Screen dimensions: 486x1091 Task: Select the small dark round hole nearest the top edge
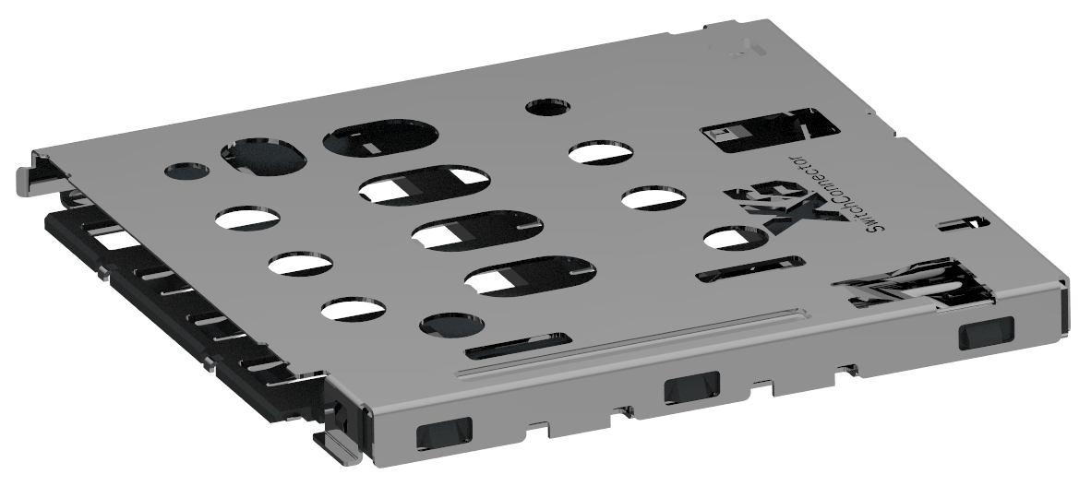click(547, 108)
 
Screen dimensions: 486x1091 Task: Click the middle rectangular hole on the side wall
click(691, 388)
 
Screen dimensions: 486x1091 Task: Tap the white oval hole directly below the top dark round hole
click(601, 151)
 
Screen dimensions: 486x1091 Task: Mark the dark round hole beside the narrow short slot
click(452, 325)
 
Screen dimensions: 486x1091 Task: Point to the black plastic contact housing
click(185, 304)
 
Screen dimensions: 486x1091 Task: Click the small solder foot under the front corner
click(338, 443)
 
